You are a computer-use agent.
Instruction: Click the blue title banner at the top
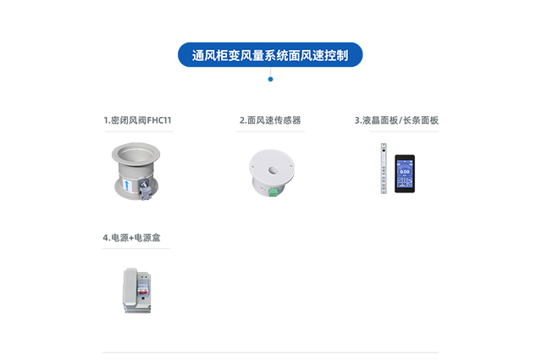click(270, 55)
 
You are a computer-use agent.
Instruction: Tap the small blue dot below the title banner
click(270, 79)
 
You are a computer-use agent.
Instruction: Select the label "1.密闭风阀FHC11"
click(136, 120)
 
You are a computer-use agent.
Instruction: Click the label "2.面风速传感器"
click(270, 120)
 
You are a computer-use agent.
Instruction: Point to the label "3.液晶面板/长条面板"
click(396, 120)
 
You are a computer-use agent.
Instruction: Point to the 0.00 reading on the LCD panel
click(404, 171)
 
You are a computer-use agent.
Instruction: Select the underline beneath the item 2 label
click(270, 130)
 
